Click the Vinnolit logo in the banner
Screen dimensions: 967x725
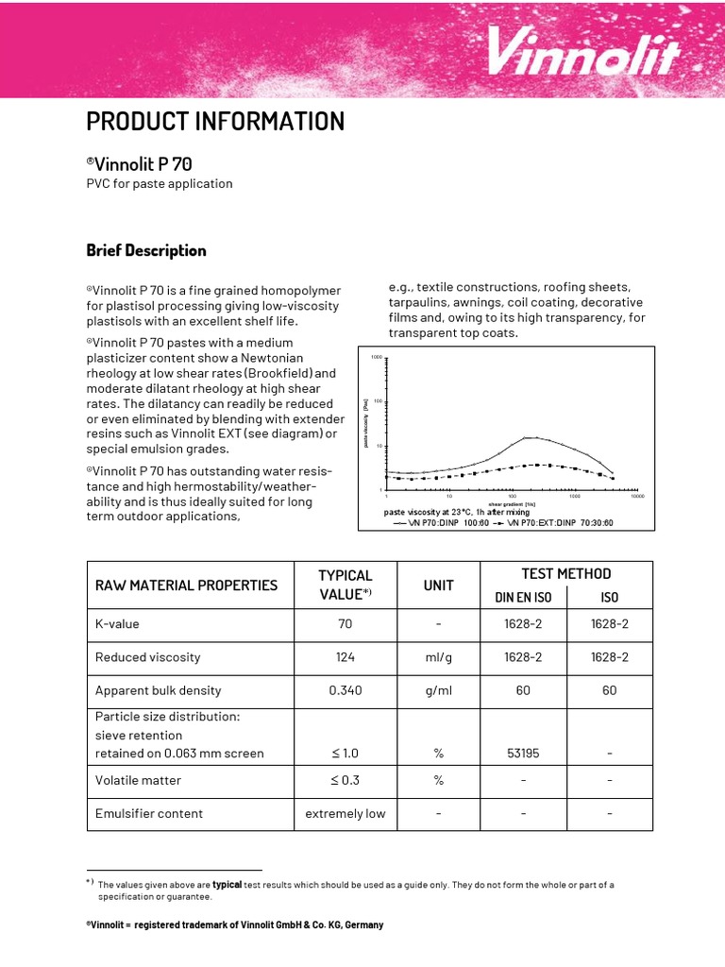click(x=582, y=51)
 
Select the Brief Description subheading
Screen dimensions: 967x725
click(x=146, y=250)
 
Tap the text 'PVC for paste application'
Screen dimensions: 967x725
click(x=160, y=183)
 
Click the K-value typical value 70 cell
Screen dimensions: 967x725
click(x=346, y=624)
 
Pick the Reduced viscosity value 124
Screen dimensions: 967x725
click(x=346, y=657)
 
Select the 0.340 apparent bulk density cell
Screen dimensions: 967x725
click(x=346, y=690)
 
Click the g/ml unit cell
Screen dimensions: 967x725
click(x=439, y=690)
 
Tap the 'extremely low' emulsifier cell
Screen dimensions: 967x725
click(x=346, y=813)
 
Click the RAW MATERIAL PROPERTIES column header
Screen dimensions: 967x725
click(x=187, y=585)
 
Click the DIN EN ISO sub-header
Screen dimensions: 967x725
click(x=524, y=597)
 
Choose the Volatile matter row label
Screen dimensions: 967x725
click(x=139, y=780)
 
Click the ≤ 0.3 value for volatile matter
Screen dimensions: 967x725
click(x=346, y=780)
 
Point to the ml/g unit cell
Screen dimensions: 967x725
click(x=439, y=657)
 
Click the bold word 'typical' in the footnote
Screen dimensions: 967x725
click(x=228, y=885)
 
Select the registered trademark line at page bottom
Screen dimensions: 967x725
click(x=235, y=925)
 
